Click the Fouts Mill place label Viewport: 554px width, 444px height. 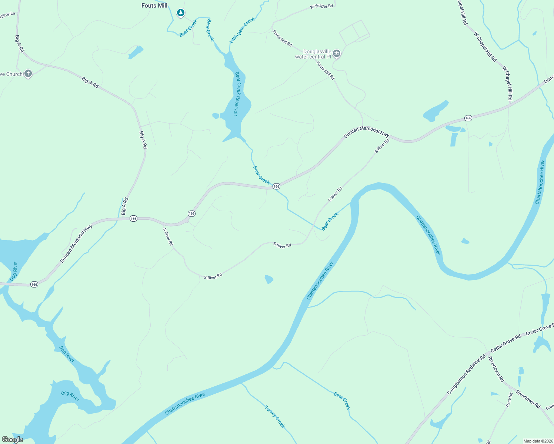154,6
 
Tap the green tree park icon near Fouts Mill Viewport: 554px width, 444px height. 180,13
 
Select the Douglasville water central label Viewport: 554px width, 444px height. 313,54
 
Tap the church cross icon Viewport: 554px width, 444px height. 28,74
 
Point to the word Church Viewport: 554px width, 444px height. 14,74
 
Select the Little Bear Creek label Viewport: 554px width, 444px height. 242,30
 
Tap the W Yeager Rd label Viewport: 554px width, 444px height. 321,6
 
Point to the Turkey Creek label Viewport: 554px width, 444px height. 275,417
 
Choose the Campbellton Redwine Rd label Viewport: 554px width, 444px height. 466,375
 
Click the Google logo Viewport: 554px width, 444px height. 13,440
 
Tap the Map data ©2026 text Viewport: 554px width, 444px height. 537,441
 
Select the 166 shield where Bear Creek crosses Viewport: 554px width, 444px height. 276,186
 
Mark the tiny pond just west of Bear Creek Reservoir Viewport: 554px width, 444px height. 216,116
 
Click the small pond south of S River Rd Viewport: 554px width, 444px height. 269,279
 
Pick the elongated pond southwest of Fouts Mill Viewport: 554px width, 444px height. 136,53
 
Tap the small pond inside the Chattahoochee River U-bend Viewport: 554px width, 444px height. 465,241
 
